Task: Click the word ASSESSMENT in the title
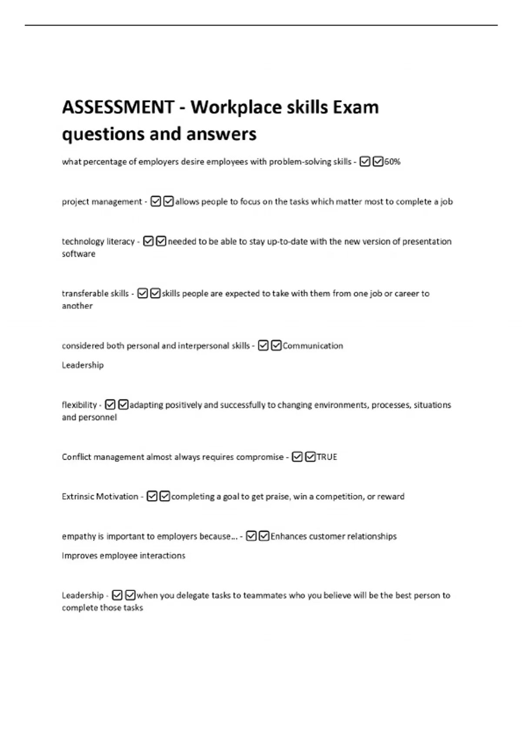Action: pos(118,107)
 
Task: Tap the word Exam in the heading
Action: pos(356,107)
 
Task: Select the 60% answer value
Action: pos(392,162)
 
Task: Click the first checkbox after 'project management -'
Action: pos(156,202)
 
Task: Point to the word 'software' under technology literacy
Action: pos(78,254)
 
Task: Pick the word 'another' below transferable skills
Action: pos(77,306)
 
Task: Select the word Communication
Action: pos(313,346)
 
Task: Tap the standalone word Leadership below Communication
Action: pos(83,365)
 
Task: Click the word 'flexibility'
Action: pos(79,405)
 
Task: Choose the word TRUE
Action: pos(327,457)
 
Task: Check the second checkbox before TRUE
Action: pos(310,457)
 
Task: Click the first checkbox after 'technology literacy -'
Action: pos(148,241)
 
